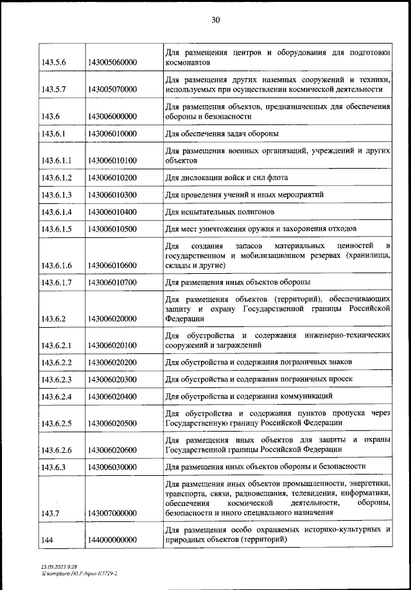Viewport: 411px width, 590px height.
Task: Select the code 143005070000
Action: [x=112, y=90]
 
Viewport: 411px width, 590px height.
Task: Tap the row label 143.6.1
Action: [x=51, y=133]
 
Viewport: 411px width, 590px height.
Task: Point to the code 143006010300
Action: [x=112, y=194]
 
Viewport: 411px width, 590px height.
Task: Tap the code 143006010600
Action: [x=112, y=264]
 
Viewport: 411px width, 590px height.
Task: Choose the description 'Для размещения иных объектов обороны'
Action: [x=238, y=282]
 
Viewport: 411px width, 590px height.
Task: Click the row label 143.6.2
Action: [x=51, y=317]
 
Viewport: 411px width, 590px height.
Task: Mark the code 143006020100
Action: [x=112, y=345]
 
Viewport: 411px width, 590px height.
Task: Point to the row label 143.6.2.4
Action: [x=55, y=397]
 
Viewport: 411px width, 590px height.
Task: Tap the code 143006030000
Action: [x=112, y=466]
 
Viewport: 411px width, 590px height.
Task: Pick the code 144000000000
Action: [x=112, y=540]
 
